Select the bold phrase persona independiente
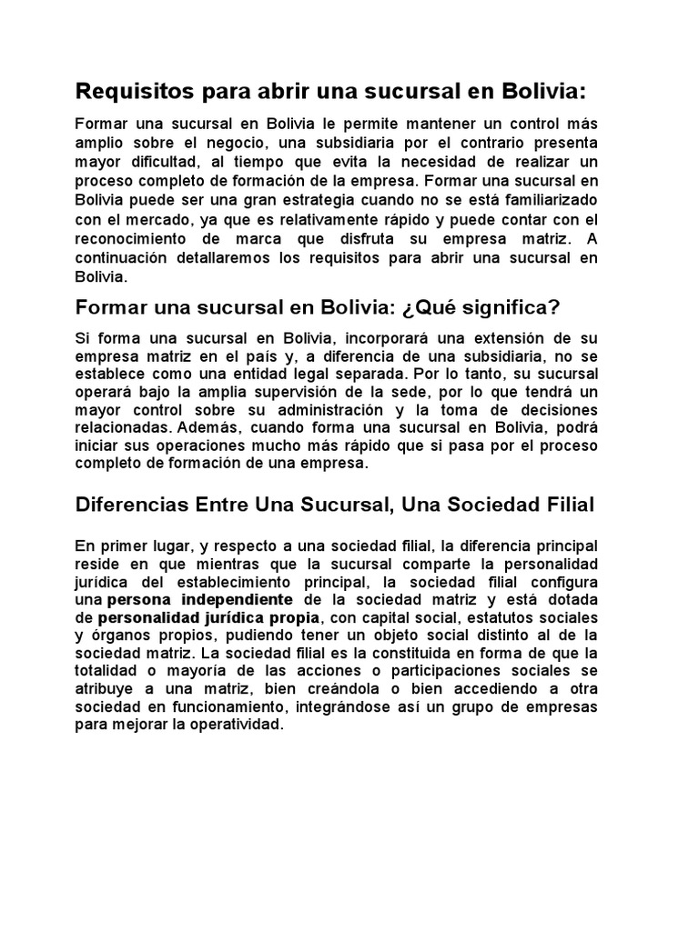[x=199, y=600]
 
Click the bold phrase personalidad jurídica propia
[x=200, y=617]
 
